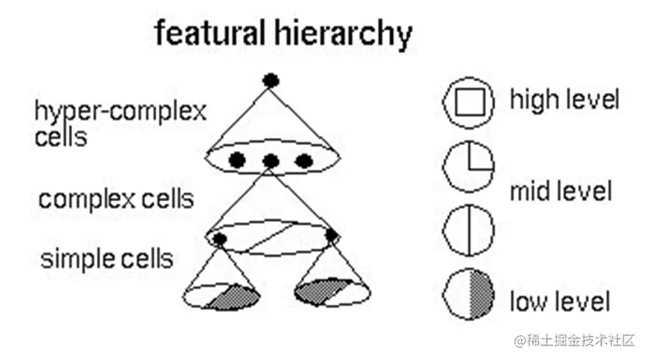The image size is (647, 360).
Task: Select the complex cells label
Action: pyautogui.click(x=116, y=199)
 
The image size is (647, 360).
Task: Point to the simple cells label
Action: pyautogui.click(x=107, y=259)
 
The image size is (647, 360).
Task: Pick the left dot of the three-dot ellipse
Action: pyautogui.click(x=237, y=160)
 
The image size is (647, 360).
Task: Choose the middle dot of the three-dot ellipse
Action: pyautogui.click(x=271, y=161)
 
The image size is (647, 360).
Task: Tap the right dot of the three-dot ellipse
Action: pyautogui.click(x=303, y=160)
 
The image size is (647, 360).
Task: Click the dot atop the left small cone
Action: pyautogui.click(x=220, y=239)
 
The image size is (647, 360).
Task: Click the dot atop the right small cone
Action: pyautogui.click(x=332, y=236)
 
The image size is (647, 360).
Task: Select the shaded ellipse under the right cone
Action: pyautogui.click(x=332, y=292)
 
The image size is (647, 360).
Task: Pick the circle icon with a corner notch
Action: pyautogui.click(x=468, y=166)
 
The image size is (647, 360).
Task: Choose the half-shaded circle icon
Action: pyautogui.click(x=468, y=293)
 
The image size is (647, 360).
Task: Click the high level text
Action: pyautogui.click(x=564, y=101)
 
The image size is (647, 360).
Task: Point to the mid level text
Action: pyautogui.click(x=561, y=192)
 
